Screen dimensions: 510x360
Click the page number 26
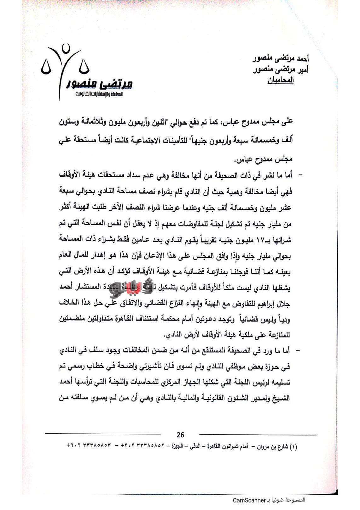[180, 435]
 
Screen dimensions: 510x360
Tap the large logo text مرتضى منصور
[100, 84]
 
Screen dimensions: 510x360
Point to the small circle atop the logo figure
[66, 48]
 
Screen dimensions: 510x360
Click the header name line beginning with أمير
[281, 70]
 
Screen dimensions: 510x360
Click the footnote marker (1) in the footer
[293, 447]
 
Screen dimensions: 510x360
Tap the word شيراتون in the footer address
[227, 447]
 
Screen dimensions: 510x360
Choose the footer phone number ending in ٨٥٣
[89, 446]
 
